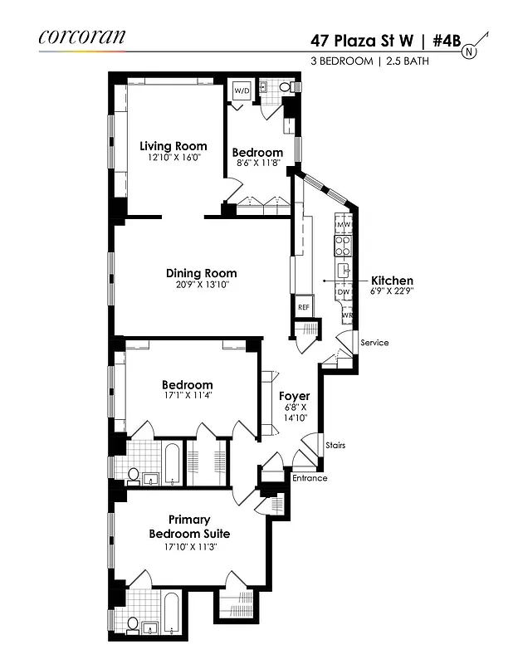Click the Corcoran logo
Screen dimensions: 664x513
81,36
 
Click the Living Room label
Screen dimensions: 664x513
173,146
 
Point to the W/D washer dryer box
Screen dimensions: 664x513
242,90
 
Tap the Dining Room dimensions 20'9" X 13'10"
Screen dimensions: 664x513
201,285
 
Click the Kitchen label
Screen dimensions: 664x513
392,281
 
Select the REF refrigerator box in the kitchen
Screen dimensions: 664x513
304,307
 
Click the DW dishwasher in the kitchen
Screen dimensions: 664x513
343,292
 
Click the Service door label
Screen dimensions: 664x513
374,343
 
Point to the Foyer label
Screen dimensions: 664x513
294,396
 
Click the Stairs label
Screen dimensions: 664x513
335,445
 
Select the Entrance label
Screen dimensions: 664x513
309,478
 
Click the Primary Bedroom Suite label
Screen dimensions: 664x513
189,526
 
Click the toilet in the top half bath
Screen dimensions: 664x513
285,86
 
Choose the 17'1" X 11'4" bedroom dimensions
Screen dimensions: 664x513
187,397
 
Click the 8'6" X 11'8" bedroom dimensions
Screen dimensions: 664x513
257,164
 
